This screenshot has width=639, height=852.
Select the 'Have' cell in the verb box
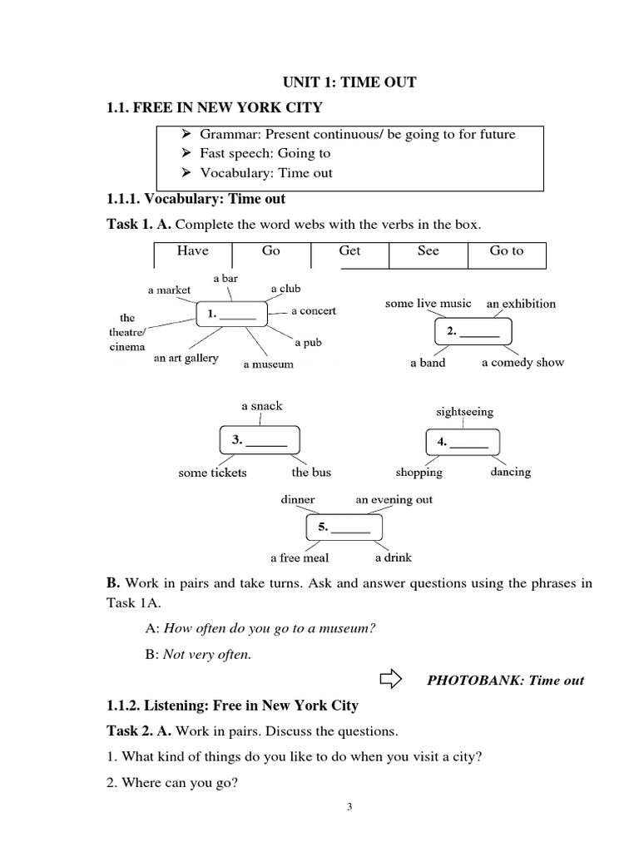click(192, 250)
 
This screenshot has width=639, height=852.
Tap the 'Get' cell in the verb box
click(349, 250)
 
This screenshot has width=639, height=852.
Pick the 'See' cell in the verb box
click(428, 250)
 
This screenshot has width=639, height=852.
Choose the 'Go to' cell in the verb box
click(507, 250)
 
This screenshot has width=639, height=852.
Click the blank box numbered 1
click(231, 315)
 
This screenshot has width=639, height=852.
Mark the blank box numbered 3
click(260, 441)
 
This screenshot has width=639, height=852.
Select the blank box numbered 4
click(463, 443)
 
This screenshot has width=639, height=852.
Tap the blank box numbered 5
click(344, 528)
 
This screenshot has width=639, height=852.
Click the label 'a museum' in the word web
click(268, 364)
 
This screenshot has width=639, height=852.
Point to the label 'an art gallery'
click(186, 359)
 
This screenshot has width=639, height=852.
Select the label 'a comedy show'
click(523, 363)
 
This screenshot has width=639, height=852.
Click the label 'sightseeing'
click(464, 412)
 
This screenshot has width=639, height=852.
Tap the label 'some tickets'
click(212, 473)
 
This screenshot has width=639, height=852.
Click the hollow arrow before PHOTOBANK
click(389, 679)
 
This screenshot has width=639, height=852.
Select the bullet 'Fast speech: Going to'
click(265, 153)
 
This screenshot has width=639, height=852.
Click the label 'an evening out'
click(394, 500)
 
